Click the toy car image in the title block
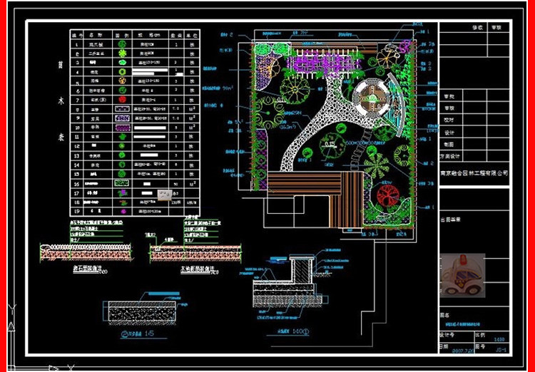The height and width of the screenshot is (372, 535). pos(462,277)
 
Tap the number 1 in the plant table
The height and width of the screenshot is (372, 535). pos(76,44)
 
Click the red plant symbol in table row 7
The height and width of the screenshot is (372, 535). pos(122,100)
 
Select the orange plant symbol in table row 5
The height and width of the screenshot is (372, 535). pos(122,81)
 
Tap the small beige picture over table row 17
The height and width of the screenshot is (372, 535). pos(167,192)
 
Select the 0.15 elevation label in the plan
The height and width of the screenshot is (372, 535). pos(329,146)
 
